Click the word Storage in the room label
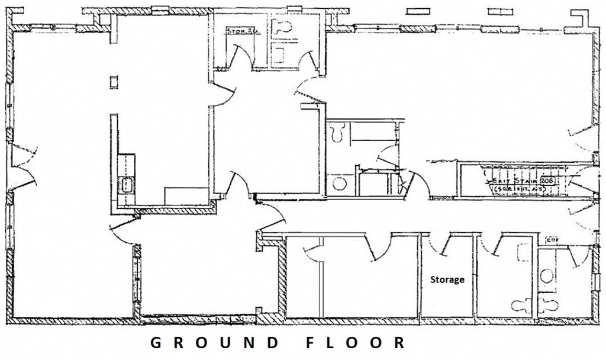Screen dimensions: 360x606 point(447,279)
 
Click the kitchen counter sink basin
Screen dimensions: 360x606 point(126,185)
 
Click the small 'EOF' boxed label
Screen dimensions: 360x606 point(552,240)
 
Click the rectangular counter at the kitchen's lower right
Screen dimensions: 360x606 point(186,195)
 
